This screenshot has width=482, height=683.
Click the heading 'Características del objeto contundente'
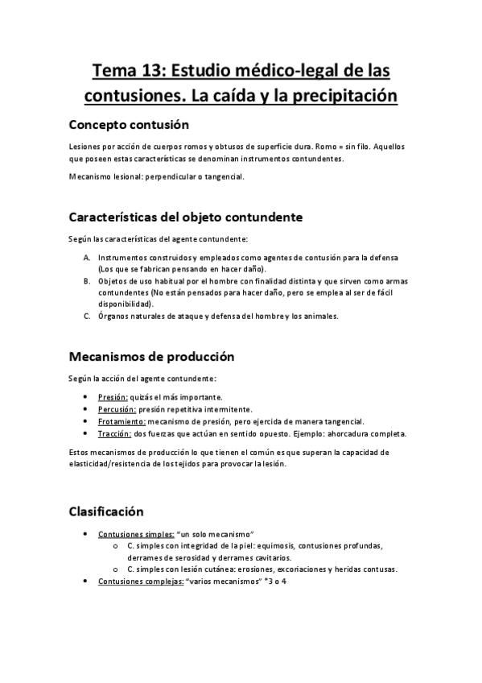tap(185, 217)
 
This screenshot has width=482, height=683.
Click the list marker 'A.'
tap(87, 257)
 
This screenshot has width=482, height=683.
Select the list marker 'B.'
tap(87, 280)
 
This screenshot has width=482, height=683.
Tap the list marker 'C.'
tap(87, 316)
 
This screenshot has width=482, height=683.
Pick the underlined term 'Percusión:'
tap(116, 409)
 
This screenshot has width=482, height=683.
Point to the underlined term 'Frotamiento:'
tap(122, 421)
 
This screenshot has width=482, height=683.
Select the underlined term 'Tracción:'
tap(113, 433)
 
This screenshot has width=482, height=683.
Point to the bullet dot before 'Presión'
tap(86, 397)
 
